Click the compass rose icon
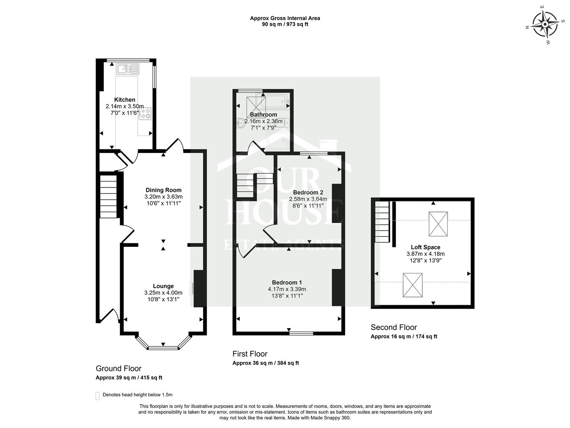pos(545,25)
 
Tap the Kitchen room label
pos(125,99)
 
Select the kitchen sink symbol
pos(128,69)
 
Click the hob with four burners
pos(145,114)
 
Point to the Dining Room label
pos(163,190)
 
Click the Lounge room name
pos(163,286)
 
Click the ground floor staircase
pos(108,196)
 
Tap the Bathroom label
pos(263,115)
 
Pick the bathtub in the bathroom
pos(275,101)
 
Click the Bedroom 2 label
pos(308,193)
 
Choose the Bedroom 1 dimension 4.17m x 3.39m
pos(287,289)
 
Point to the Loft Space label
pos(425,247)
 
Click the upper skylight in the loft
pos(438,224)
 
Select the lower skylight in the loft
pos(413,285)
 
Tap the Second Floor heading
pos(394,327)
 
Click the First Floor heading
pos(250,354)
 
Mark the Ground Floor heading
pos(118,368)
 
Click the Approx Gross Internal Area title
pos(285,18)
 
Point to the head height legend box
pos(97,396)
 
